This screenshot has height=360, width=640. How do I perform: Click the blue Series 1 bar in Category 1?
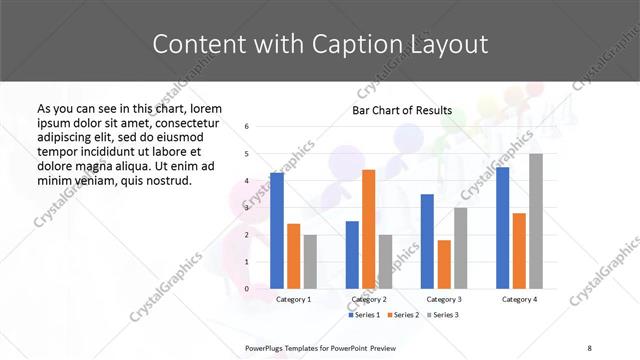[277, 230]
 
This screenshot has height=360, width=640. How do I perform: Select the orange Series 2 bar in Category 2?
[368, 229]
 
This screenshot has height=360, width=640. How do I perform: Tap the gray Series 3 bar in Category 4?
[536, 221]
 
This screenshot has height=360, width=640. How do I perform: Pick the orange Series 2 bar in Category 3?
[444, 264]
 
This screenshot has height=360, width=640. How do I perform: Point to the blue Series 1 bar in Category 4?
[502, 228]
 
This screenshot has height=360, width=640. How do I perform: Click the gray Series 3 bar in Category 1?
[310, 261]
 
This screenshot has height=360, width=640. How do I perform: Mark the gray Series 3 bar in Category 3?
[460, 248]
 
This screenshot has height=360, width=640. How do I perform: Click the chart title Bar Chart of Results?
[402, 110]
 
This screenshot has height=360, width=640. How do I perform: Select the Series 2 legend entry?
[404, 315]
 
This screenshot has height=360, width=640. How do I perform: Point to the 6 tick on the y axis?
[247, 127]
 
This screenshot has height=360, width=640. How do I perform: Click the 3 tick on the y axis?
[247, 208]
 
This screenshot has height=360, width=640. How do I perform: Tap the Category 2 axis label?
[368, 299]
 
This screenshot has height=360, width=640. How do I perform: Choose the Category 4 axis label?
[519, 299]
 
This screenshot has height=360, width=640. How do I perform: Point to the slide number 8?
[589, 347]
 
